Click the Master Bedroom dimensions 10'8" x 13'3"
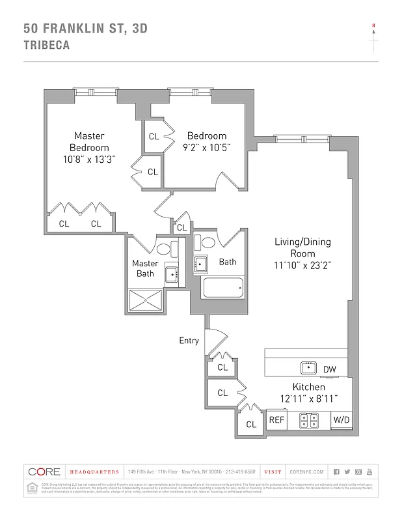point(89,159)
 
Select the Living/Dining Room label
point(302,247)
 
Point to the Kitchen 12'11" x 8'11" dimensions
point(309,399)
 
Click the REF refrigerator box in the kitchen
point(276,421)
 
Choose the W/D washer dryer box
point(342,421)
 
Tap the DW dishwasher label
point(330,369)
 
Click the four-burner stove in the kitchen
point(308,421)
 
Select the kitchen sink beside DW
point(308,368)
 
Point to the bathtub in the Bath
point(222,287)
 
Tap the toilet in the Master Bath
point(163,249)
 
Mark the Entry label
point(189,341)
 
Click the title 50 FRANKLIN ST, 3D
point(85,28)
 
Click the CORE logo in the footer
point(44,472)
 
